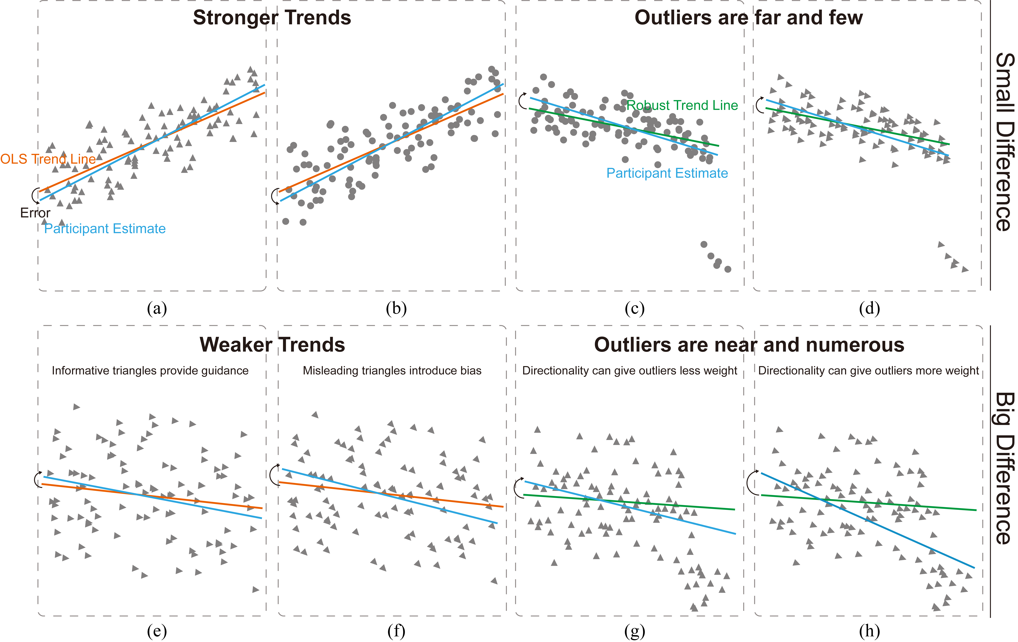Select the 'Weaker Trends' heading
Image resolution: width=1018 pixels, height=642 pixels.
(272, 345)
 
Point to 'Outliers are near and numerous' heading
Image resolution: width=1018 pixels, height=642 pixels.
(749, 345)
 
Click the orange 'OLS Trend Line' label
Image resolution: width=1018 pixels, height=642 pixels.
(48, 159)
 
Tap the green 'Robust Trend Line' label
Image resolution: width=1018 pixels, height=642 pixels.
(682, 105)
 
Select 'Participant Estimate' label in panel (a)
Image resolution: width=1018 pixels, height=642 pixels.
(105, 229)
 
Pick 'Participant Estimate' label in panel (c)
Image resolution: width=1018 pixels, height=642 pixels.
(667, 173)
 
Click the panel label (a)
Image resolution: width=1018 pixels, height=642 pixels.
(157, 309)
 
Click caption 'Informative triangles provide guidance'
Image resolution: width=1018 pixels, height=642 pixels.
(150, 371)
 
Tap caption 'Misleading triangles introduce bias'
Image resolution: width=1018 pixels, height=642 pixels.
(392, 371)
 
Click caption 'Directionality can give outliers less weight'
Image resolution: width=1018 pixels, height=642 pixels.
(629, 371)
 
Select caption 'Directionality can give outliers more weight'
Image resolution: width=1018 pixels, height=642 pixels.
(868, 371)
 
